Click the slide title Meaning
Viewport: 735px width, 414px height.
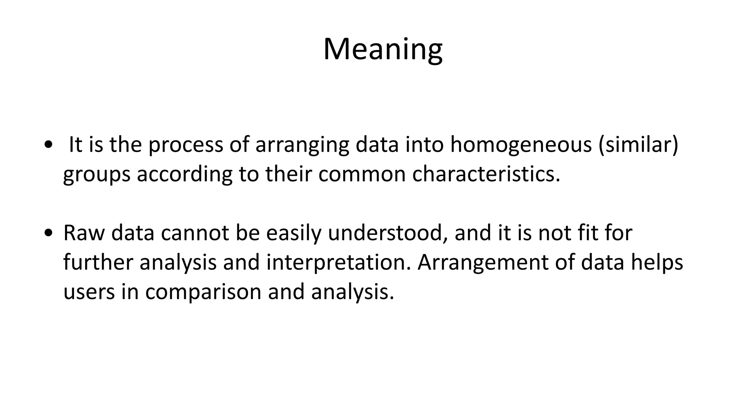(x=383, y=50)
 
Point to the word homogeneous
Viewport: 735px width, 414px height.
(x=521, y=145)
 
